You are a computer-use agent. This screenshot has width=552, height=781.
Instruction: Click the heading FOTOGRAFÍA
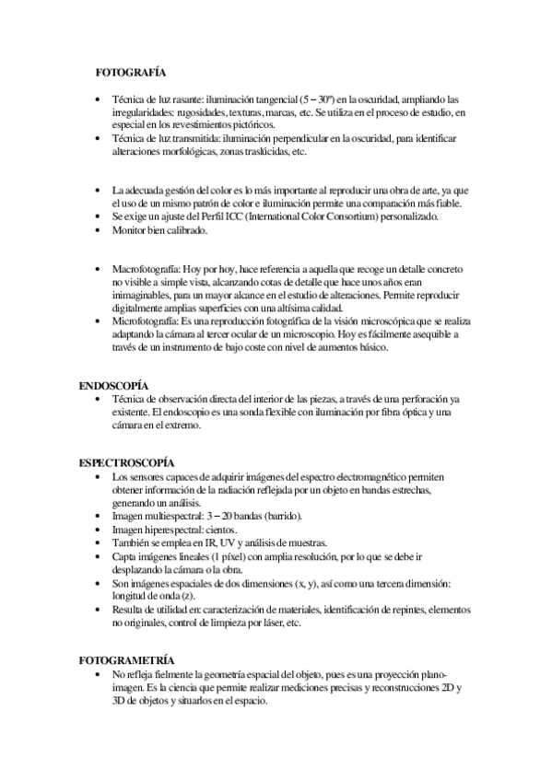point(130,71)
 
